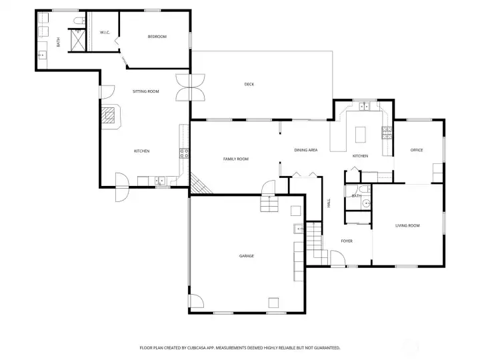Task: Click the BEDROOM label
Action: pos(157,37)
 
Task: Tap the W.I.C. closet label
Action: pos(105,33)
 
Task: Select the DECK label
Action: pos(249,84)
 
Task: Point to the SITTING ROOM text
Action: pos(146,91)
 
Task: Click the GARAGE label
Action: pos(247,256)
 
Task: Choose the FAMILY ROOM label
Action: pos(236,159)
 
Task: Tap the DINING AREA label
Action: pos(306,150)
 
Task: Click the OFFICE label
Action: pos(417,150)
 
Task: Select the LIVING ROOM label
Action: pos(407,225)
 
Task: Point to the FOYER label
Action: pos(347,241)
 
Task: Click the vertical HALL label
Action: pos(329,203)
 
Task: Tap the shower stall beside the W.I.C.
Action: pos(78,41)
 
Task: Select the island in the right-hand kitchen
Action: pos(361,135)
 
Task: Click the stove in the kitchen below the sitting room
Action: pos(184,153)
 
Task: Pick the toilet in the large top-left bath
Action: pos(79,21)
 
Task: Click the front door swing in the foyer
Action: pos(337,258)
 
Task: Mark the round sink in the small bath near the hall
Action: pos(366,203)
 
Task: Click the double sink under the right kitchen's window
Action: pos(364,106)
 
